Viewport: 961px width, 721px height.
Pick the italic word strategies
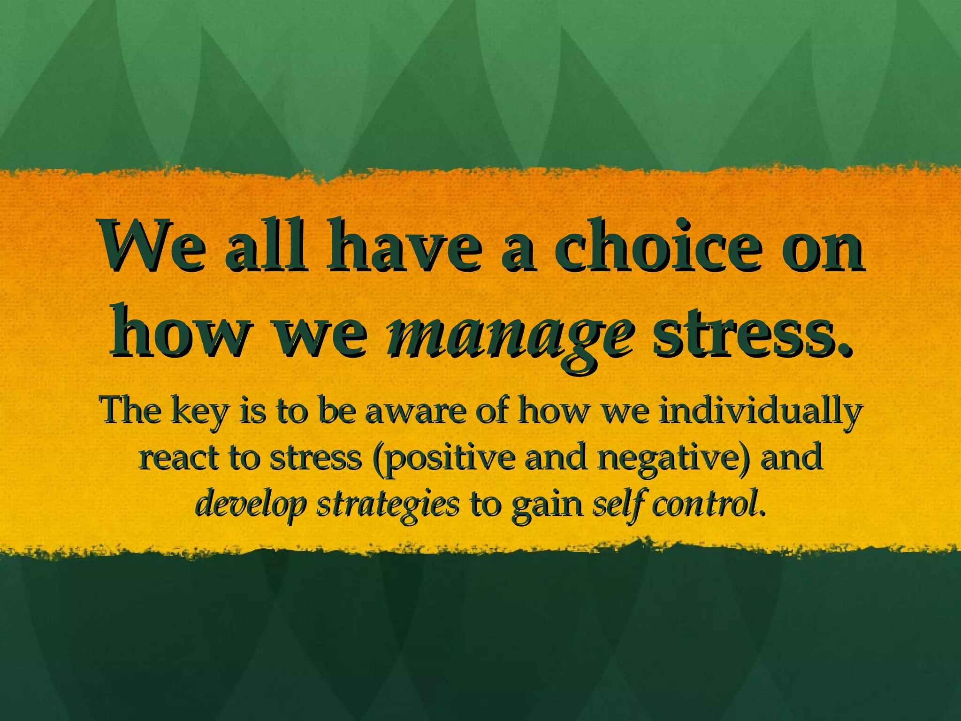[x=388, y=505]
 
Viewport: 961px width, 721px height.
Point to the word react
[x=178, y=458]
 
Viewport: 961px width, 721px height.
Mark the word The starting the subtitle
[x=131, y=410]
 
